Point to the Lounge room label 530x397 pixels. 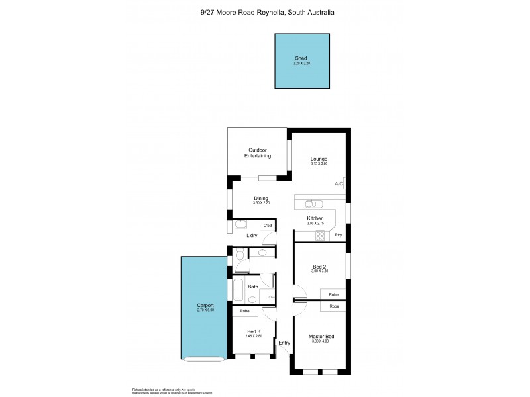click(x=320, y=159)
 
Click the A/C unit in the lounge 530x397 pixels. click(x=338, y=183)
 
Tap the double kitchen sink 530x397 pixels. click(x=315, y=204)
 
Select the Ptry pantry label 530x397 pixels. click(x=338, y=235)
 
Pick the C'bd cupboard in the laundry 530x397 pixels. click(x=268, y=226)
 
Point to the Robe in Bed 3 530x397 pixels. click(x=244, y=310)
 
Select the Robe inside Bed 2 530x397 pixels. click(x=333, y=294)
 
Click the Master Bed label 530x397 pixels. click(x=321, y=337)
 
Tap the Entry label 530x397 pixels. click(x=284, y=342)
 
